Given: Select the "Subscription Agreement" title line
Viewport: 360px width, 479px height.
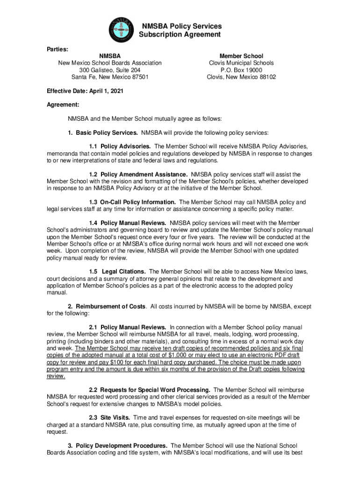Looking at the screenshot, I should click(180, 35).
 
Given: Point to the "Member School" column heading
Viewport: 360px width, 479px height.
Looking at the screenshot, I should click(241, 56).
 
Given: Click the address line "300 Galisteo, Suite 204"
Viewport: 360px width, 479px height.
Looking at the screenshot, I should click(110, 70).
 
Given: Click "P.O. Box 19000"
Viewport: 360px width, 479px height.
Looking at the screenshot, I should click(241, 70).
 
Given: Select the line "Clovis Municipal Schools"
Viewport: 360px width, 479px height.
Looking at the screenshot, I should click(241, 63).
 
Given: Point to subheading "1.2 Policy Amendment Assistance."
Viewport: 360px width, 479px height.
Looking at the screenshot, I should click(138, 174).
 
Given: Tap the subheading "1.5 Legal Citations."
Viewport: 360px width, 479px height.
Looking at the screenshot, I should click(117, 271).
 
